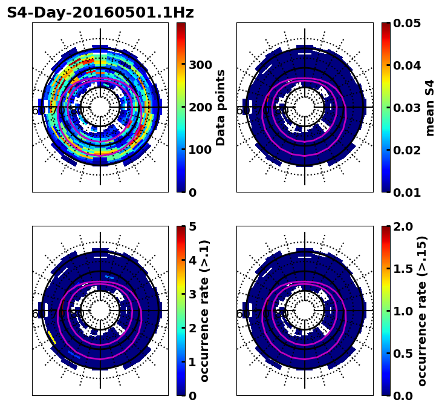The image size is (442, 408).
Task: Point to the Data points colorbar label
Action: pyautogui.click(x=221, y=107)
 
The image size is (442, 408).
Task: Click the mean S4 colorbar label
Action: pyautogui.click(x=430, y=107)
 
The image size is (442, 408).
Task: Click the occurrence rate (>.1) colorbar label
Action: pyautogui.click(x=205, y=311)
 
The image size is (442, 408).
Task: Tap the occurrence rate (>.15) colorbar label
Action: pyautogui.click(x=422, y=311)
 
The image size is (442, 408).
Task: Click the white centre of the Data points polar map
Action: pyautogui.click(x=100, y=107)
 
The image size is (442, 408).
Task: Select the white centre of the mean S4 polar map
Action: pyautogui.click(x=305, y=107)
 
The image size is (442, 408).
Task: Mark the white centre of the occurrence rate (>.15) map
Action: pyautogui.click(x=305, y=311)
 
